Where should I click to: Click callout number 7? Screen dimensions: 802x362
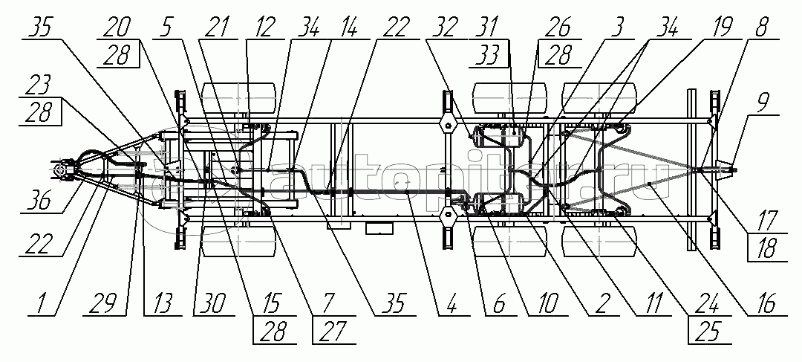tap(327, 304)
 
